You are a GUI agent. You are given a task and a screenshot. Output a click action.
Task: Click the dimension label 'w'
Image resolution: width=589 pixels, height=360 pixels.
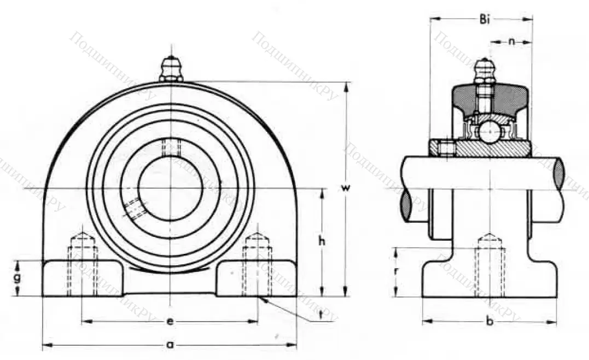(345, 188)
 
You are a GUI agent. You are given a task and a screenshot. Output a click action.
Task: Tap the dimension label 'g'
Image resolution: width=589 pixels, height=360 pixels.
(18, 278)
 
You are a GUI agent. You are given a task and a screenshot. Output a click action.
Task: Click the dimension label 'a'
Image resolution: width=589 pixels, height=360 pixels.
(170, 345)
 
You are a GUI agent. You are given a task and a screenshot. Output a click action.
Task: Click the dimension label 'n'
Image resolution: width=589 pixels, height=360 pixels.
(511, 41)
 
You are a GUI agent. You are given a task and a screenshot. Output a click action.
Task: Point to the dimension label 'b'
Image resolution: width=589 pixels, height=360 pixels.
(490, 322)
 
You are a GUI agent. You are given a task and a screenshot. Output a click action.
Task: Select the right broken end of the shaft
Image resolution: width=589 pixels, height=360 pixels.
(559, 173)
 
